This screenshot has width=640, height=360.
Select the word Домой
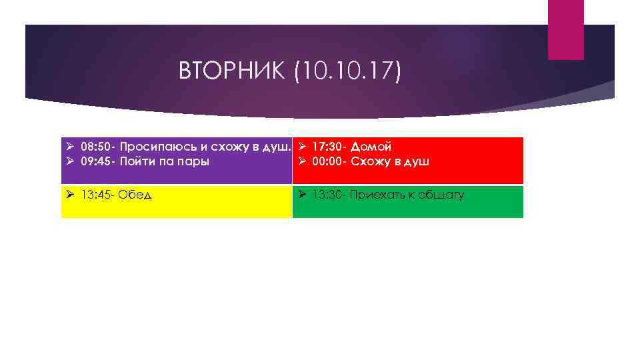coord(371,146)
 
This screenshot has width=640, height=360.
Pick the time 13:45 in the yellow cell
coord(95,195)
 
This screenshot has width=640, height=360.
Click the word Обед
coord(136,195)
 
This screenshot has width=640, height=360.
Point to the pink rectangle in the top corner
coord(565,29)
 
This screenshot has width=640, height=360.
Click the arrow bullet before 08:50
coord(71,146)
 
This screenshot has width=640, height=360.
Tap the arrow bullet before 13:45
coord(71,195)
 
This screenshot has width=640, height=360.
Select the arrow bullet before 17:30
coord(302,146)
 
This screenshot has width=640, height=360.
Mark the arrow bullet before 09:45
coord(71,161)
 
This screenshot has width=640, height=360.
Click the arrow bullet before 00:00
coord(302,161)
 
